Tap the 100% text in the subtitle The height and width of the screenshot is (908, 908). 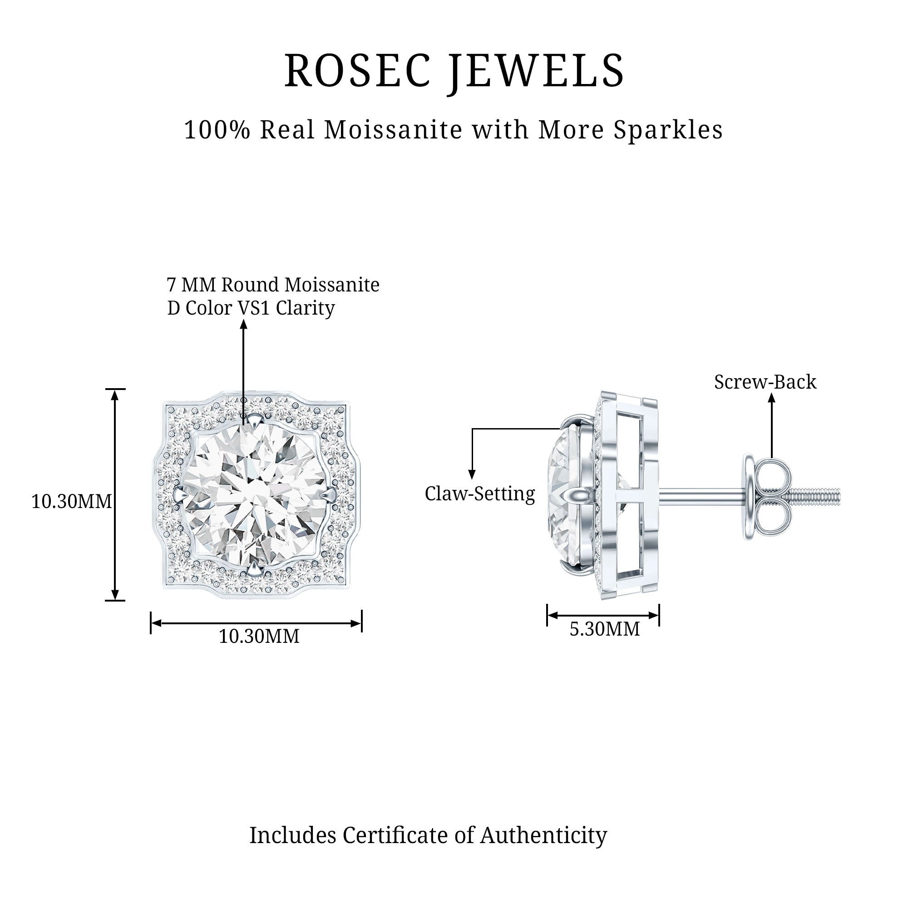(x=217, y=130)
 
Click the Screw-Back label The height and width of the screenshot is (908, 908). (x=765, y=382)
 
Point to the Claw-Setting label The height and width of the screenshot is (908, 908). (x=480, y=493)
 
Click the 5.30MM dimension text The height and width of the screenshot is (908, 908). (x=604, y=629)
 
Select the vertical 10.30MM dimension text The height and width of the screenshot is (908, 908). (x=71, y=502)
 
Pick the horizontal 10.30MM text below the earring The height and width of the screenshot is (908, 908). (x=259, y=637)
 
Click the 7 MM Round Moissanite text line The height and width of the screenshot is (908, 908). (x=273, y=285)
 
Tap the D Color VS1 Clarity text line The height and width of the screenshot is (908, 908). (x=251, y=308)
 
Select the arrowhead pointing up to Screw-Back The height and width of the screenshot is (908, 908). (x=771, y=398)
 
